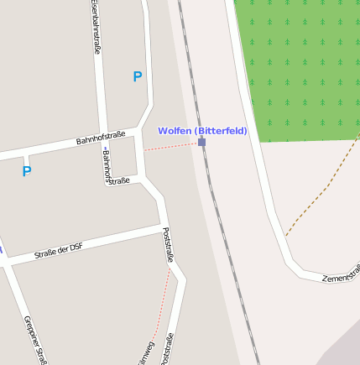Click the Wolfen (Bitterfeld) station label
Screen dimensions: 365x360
click(x=202, y=131)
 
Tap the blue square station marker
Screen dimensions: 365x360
click(x=201, y=143)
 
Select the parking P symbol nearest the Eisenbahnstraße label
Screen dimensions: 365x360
click(x=138, y=77)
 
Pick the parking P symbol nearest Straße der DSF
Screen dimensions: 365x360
click(x=27, y=171)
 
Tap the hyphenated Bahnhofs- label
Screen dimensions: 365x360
click(x=107, y=166)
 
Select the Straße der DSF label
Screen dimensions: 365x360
click(x=59, y=248)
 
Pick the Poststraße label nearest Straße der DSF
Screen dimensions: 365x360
click(x=168, y=245)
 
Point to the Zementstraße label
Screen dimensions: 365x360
click(x=342, y=274)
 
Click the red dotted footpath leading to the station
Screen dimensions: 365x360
click(x=172, y=146)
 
